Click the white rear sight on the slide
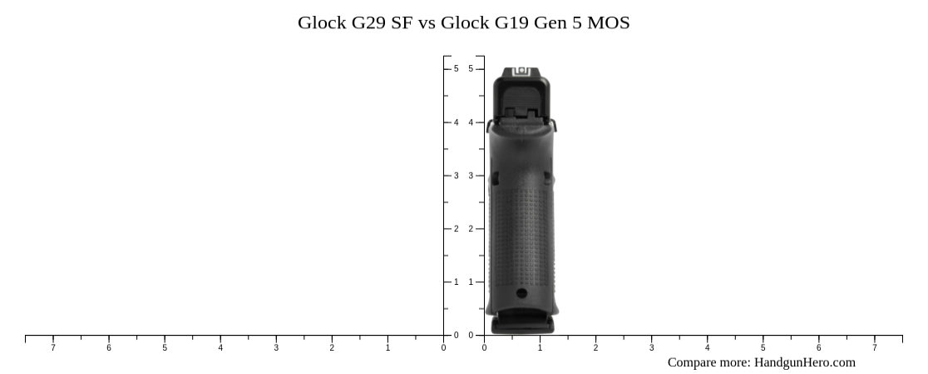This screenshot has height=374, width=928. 524,72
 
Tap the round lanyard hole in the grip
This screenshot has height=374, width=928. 521,293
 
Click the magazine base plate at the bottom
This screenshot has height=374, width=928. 522,323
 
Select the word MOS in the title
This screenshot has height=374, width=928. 608,22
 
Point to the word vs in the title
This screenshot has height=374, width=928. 427,22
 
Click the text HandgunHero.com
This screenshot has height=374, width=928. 804,362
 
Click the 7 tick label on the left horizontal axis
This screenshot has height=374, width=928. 53,347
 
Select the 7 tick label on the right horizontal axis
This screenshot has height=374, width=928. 874,347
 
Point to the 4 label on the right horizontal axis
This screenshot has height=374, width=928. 707,347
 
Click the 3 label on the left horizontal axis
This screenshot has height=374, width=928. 276,347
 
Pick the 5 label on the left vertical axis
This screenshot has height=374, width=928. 456,69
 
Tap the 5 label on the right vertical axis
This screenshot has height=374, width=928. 471,69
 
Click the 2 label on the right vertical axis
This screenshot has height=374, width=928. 471,229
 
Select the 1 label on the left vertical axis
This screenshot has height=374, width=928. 456,282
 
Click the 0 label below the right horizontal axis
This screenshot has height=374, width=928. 484,347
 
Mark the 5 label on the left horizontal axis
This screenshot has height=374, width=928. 165,347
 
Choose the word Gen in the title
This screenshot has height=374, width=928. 548,22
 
